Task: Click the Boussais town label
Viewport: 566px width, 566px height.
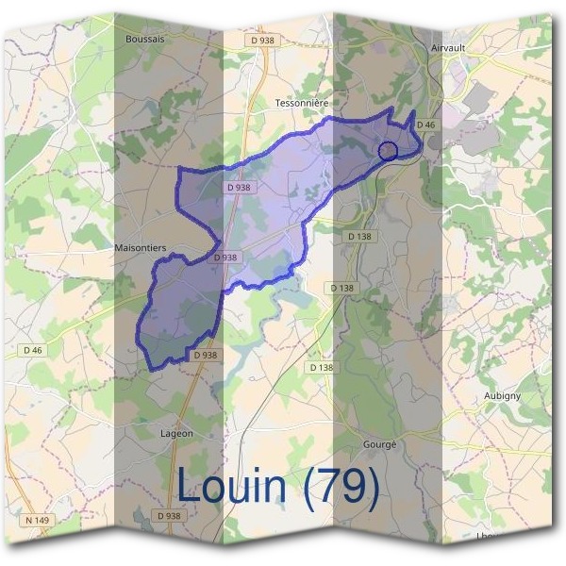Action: (x=144, y=39)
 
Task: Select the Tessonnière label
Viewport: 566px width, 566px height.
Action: (x=301, y=102)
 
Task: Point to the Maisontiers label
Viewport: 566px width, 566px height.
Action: (x=140, y=247)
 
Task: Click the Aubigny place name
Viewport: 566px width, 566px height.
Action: (x=502, y=395)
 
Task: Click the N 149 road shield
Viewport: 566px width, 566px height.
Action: (x=37, y=519)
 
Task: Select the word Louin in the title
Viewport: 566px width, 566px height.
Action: (x=231, y=486)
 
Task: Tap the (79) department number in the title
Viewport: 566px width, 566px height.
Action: (x=343, y=486)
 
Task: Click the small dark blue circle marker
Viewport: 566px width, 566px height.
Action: (x=387, y=150)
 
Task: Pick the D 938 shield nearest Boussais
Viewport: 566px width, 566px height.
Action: (x=262, y=40)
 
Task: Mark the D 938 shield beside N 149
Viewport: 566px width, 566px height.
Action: (x=168, y=516)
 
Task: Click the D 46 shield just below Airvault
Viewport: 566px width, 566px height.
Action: (x=427, y=125)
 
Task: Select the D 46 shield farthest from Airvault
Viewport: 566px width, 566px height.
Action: (x=33, y=349)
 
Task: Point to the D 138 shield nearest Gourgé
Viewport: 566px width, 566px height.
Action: (x=322, y=367)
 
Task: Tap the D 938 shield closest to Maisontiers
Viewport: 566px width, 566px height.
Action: (x=225, y=257)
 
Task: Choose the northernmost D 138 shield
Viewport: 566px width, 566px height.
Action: (x=359, y=236)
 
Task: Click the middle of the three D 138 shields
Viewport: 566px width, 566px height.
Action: (x=342, y=288)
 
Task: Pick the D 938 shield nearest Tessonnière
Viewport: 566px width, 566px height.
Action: (x=239, y=187)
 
